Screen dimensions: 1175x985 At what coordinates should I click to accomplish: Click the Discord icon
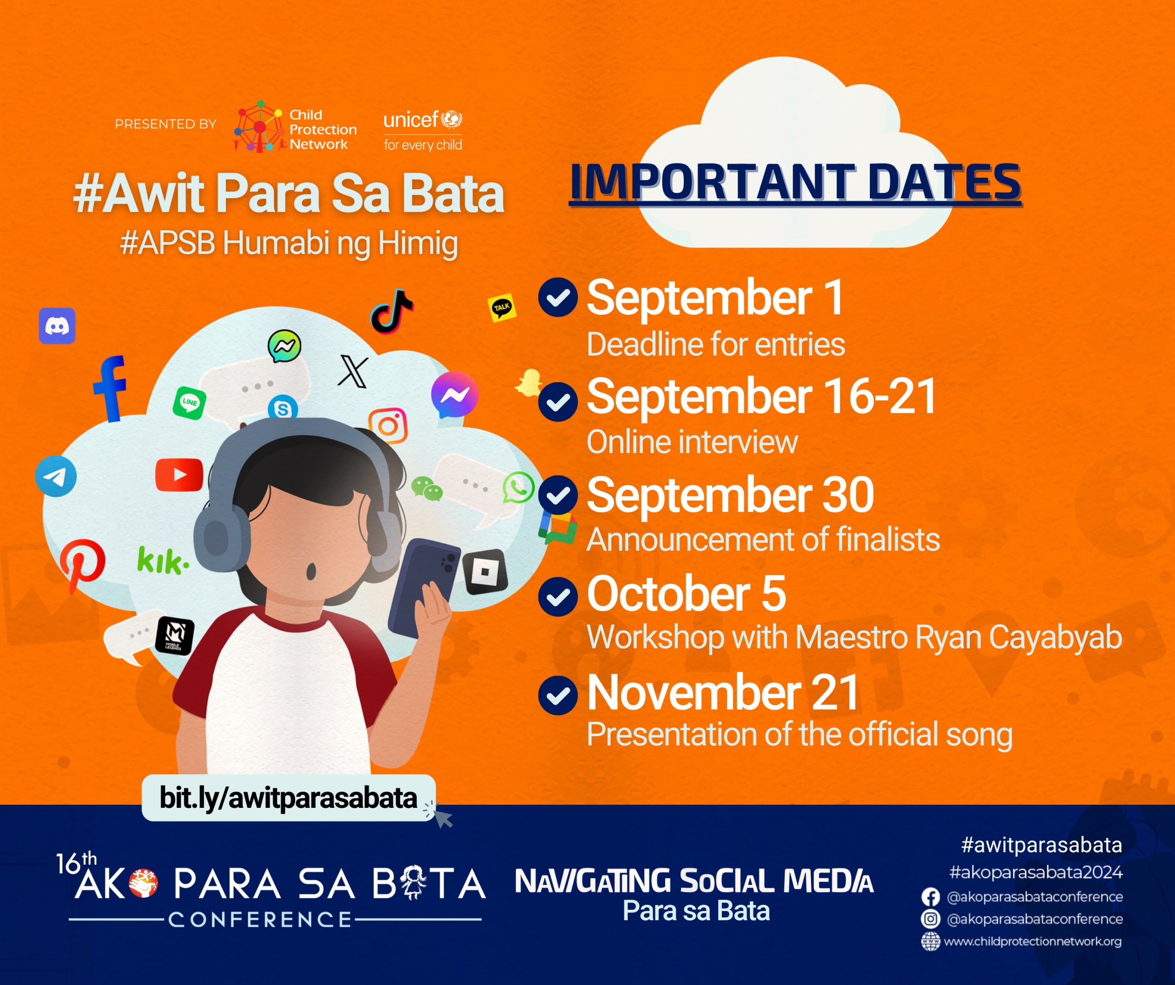click(x=57, y=326)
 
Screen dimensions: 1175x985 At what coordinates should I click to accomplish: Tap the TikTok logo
click(x=392, y=312)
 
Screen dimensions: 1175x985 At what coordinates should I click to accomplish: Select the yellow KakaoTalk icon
click(x=502, y=307)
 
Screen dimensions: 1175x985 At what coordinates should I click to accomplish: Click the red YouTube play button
click(x=179, y=475)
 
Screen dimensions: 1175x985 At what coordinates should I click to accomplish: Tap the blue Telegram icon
click(x=56, y=476)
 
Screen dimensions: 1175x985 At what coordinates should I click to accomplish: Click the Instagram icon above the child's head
click(x=388, y=426)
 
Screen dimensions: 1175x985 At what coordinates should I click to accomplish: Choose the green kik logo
click(x=163, y=560)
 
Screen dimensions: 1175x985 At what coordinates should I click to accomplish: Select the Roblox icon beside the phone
click(x=485, y=572)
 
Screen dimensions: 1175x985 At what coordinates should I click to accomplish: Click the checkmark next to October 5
click(x=558, y=597)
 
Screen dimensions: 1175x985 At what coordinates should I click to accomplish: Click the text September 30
click(x=730, y=495)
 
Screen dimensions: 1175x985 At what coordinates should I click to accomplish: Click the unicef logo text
click(x=411, y=120)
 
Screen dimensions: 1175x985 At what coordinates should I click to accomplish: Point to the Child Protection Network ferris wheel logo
click(x=258, y=127)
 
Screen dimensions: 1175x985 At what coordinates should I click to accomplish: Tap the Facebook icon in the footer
click(x=930, y=897)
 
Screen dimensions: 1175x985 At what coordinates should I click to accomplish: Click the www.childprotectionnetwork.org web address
click(x=1032, y=941)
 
